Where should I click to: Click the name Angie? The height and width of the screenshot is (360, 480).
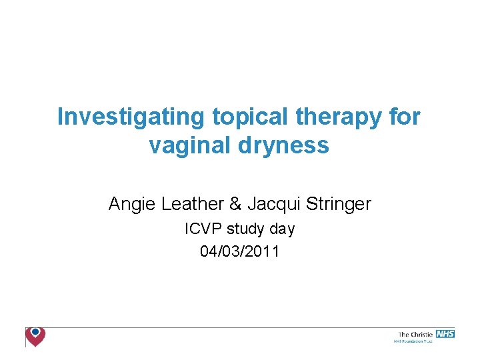[132, 204]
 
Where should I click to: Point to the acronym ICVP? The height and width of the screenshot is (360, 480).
[204, 229]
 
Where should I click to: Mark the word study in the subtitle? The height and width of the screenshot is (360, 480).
[246, 229]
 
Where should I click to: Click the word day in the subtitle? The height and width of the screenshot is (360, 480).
[282, 229]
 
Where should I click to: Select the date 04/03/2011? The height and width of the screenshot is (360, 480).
[239, 251]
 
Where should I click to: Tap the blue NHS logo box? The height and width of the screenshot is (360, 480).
[444, 333]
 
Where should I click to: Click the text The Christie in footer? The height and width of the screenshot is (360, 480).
[415, 334]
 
